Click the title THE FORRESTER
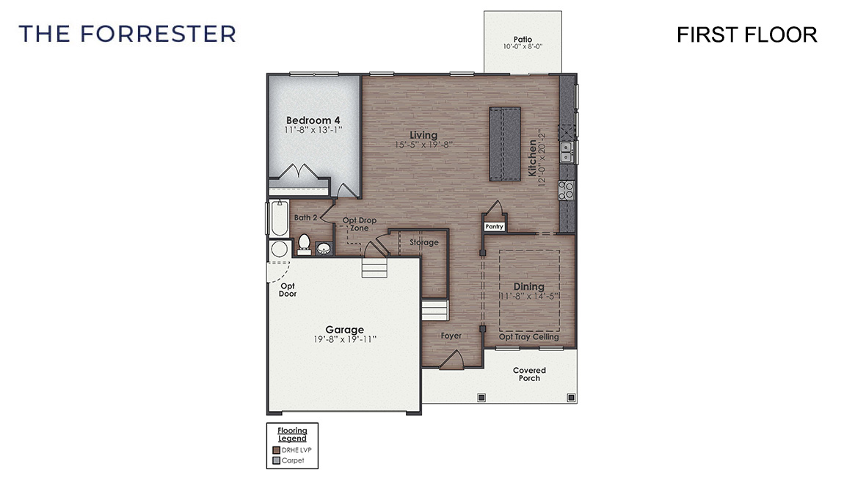[128, 34]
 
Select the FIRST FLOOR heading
[746, 35]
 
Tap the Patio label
[522, 40]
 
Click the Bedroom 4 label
[313, 120]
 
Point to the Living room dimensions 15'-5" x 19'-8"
[423, 145]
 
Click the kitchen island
[505, 143]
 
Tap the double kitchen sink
[567, 152]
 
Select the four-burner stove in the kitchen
[567, 190]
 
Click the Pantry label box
[494, 227]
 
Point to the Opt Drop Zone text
[360, 224]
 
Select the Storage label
[423, 242]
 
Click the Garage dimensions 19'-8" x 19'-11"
[344, 340]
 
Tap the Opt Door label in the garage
[288, 289]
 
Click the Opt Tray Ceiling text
[528, 337]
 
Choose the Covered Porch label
[528, 374]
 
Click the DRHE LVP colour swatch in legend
[275, 449]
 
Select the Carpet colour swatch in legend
[275, 461]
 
